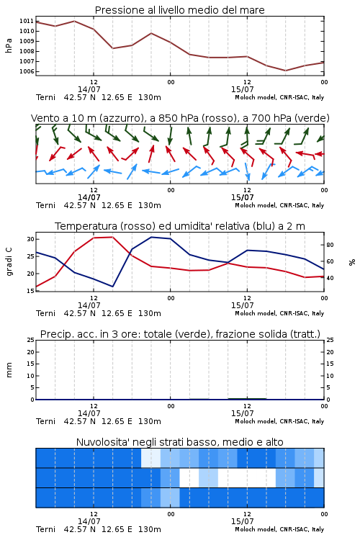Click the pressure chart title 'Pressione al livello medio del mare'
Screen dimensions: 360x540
(x=180, y=10)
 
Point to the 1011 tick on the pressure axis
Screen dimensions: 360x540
(x=27, y=21)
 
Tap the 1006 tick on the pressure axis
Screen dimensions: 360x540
(x=27, y=71)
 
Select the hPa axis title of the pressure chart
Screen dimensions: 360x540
(x=9, y=45)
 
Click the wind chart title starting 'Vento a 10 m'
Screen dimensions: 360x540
(x=180, y=118)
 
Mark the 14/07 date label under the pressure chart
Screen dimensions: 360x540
(x=89, y=89)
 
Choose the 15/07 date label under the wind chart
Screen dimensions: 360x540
(x=242, y=198)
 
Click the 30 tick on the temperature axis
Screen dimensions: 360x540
(x=30, y=239)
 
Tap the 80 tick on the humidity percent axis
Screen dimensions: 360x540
(x=330, y=246)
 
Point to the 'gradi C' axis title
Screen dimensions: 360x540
(x=9, y=262)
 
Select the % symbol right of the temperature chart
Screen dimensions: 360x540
(x=352, y=262)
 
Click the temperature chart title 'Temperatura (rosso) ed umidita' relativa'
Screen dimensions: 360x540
(x=180, y=226)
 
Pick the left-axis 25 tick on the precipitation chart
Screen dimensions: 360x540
(x=30, y=340)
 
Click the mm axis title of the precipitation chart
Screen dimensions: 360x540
(x=9, y=370)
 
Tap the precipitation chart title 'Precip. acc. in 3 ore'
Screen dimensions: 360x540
(x=180, y=334)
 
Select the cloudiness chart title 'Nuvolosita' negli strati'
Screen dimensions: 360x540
(x=180, y=442)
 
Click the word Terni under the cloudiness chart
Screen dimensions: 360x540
(x=45, y=529)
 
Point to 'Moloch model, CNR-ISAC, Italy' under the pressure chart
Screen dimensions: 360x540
(x=279, y=97)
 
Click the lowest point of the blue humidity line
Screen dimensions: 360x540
(x=112, y=287)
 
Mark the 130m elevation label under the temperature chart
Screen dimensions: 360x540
(x=150, y=313)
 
